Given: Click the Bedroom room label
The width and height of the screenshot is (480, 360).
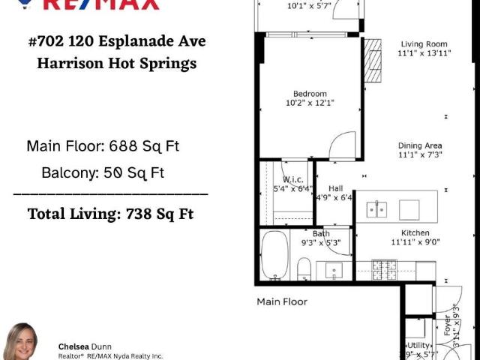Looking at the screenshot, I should (310, 94).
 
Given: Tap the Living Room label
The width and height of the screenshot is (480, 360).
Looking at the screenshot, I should (424, 44).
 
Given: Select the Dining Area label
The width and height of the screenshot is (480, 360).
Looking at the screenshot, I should (420, 145).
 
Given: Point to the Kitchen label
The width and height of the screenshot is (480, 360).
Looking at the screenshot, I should (415, 232).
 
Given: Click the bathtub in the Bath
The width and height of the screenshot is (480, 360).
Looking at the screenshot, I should (275, 257).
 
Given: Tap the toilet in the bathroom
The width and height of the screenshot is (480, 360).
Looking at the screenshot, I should (304, 268).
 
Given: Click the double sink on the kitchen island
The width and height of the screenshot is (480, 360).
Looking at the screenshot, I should (376, 209).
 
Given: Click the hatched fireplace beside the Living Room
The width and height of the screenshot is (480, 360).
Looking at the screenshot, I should (373, 60).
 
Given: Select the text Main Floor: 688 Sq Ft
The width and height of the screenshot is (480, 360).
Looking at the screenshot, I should (103, 145).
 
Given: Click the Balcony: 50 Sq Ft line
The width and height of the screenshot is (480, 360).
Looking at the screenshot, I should (103, 172).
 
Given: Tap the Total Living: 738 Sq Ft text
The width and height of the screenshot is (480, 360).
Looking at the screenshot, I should (110, 214).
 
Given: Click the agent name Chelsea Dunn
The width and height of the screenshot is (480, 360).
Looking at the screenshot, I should (85, 346).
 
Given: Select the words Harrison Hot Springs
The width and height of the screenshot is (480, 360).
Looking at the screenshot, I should (116, 64).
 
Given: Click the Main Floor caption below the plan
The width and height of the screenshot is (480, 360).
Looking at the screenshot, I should (282, 301).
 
